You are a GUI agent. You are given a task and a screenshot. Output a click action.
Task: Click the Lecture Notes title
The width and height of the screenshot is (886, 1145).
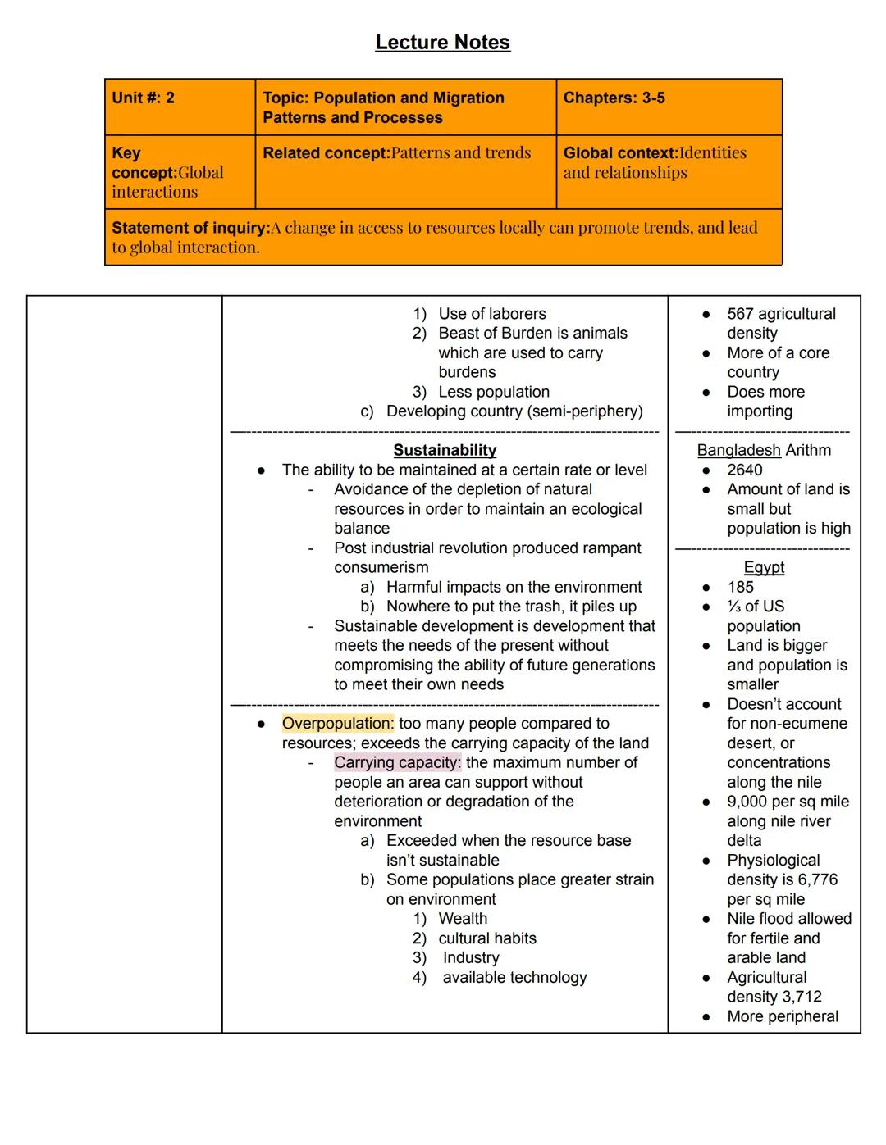point(442,43)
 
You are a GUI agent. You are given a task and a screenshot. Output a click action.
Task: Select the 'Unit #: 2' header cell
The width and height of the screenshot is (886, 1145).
point(144,98)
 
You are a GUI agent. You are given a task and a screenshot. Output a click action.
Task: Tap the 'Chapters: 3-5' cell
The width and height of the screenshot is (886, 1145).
point(614,98)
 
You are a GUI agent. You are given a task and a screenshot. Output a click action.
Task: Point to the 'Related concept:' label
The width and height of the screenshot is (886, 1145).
point(326,153)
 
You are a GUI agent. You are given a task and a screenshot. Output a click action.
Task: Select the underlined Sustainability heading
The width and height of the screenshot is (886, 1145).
point(445,450)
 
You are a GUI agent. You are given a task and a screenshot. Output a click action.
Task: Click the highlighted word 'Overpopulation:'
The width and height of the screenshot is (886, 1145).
point(337,724)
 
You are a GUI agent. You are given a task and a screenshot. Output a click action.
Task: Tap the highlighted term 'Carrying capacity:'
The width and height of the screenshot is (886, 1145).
point(397,762)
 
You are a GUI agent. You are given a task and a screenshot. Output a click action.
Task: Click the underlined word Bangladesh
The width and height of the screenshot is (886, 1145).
point(738,450)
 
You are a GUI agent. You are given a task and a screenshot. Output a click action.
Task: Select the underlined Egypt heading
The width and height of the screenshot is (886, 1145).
point(764,567)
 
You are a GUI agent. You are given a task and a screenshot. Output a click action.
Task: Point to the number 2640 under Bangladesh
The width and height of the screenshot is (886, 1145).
point(744,470)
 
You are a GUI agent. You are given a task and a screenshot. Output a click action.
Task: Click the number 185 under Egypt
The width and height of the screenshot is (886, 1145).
point(740,587)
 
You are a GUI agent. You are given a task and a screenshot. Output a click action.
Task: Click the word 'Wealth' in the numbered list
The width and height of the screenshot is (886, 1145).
point(463,919)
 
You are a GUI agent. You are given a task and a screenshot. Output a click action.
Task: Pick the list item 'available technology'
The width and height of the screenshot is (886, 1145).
point(514,977)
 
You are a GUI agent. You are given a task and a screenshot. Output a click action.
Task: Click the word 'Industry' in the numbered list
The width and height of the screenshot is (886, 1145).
point(471,957)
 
